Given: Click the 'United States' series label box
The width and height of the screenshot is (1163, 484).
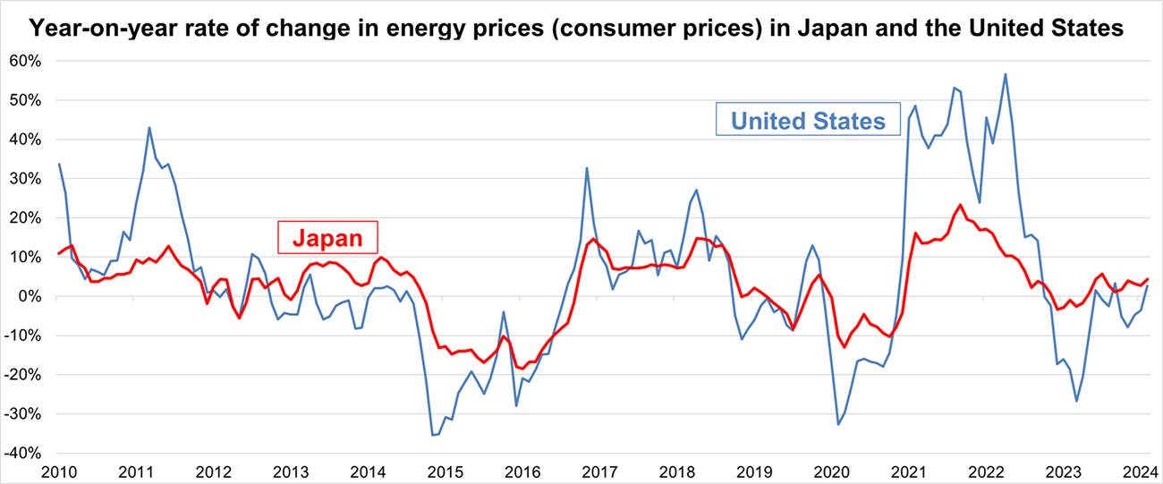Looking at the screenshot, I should (808, 121).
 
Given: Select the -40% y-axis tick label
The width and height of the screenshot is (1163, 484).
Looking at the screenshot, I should (27, 453).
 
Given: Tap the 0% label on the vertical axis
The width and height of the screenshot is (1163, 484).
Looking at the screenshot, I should (34, 296).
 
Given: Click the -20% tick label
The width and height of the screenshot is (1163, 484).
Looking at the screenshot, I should (27, 375).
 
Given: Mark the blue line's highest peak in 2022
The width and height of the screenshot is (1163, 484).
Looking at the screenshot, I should (1006, 74).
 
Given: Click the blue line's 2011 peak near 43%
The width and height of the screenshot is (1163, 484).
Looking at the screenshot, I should (149, 127).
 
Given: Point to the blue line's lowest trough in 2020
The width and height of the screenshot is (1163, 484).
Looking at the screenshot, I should (838, 424).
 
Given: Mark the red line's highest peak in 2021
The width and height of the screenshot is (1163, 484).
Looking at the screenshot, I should (960, 205).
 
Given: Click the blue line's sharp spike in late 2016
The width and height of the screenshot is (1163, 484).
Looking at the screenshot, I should (587, 167).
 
